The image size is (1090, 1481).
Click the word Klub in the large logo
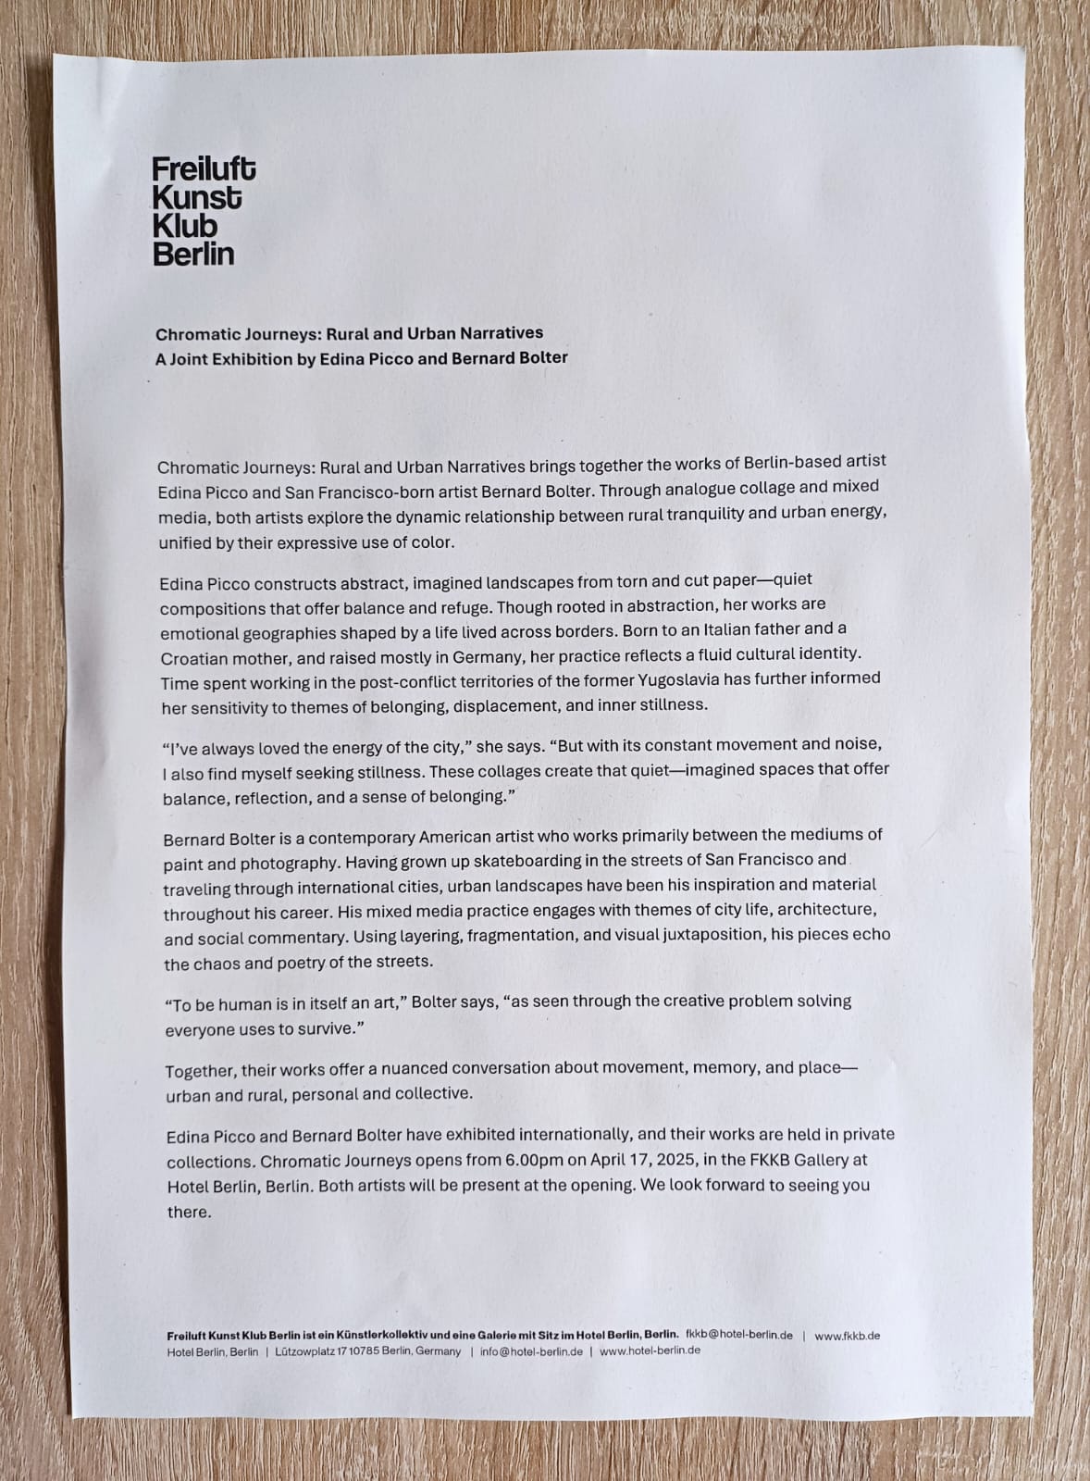click(x=185, y=226)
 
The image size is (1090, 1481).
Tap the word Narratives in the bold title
click(x=500, y=332)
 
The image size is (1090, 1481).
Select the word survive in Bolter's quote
click(x=327, y=1029)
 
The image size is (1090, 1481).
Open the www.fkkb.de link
click(x=847, y=1336)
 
